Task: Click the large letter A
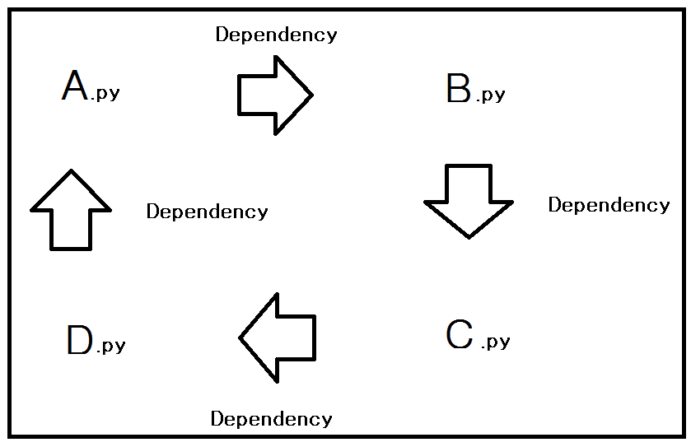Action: click(x=75, y=86)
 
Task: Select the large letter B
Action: click(x=459, y=89)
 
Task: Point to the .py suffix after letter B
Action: click(x=491, y=95)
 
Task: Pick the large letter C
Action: click(x=460, y=334)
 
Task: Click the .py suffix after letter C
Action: click(x=495, y=342)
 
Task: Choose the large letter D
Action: click(x=80, y=341)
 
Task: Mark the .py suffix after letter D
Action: click(x=110, y=346)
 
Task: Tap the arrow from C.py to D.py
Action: click(x=278, y=337)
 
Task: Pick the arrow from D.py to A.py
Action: click(x=71, y=210)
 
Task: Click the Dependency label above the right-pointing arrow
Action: click(x=276, y=35)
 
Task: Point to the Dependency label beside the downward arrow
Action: click(x=609, y=205)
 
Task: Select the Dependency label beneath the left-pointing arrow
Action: click(x=271, y=419)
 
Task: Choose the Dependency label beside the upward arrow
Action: click(x=207, y=212)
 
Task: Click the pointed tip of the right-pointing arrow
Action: click(x=310, y=95)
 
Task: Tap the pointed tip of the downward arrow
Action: click(x=469, y=236)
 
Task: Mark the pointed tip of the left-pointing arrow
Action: click(x=241, y=337)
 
